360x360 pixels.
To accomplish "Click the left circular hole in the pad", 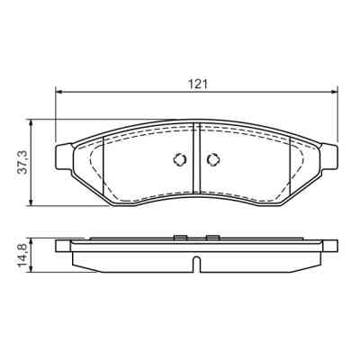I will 179,160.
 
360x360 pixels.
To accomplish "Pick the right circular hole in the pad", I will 213,160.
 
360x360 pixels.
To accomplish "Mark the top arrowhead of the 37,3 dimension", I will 33,121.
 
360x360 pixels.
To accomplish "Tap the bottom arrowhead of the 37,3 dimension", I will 33,202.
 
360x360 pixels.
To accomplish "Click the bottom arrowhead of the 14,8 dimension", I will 33,265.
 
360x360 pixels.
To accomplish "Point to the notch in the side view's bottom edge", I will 196,263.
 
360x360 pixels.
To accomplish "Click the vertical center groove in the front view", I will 196,162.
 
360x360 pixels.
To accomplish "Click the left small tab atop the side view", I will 179,238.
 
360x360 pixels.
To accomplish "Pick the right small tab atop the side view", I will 213,238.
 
